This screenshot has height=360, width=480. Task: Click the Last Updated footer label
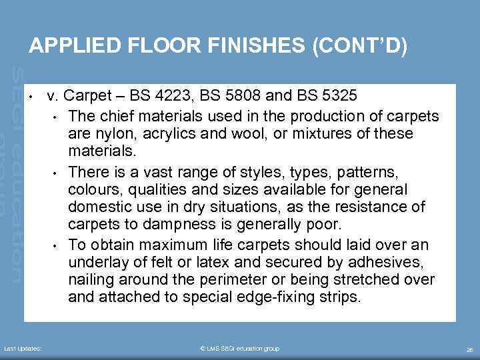(x=23, y=349)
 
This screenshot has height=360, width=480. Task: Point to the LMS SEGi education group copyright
(x=240, y=349)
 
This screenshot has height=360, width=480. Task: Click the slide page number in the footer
(x=470, y=349)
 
